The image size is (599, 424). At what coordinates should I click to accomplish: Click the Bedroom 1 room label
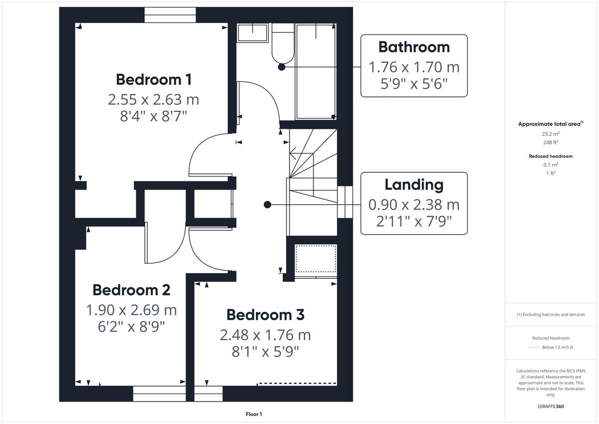tap(153, 79)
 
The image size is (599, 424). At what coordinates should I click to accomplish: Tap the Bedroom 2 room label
tap(131, 290)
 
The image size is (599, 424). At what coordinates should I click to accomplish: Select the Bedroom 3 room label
tap(265, 315)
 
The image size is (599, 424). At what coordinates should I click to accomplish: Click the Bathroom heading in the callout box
tap(414, 47)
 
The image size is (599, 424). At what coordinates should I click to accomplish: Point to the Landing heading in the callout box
tap(414, 185)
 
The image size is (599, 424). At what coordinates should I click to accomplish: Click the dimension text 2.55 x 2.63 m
tap(153, 99)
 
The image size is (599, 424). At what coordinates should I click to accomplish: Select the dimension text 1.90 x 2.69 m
tap(131, 310)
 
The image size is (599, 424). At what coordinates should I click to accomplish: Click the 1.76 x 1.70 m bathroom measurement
tap(414, 66)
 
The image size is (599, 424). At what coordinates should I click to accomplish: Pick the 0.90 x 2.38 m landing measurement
tap(414, 204)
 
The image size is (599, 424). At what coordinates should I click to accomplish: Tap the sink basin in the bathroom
tap(252, 33)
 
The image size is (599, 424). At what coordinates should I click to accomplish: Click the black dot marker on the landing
tap(268, 204)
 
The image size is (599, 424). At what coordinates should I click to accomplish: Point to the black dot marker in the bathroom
tap(282, 66)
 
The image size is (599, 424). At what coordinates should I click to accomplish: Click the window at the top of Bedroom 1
tap(170, 15)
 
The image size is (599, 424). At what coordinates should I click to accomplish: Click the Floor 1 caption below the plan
tap(254, 414)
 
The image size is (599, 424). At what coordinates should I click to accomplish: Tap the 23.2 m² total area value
tap(551, 134)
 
